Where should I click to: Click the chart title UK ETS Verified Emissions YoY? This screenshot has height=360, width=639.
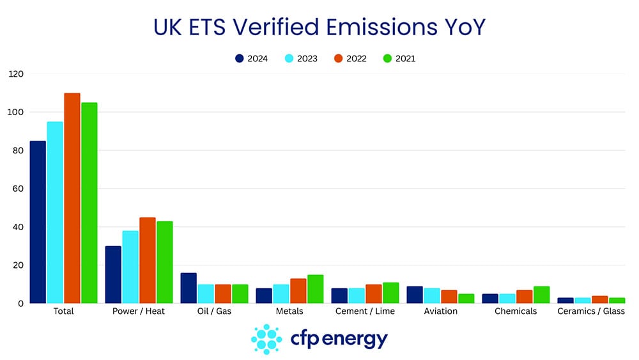[319, 27]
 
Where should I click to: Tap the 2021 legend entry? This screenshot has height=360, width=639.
[399, 59]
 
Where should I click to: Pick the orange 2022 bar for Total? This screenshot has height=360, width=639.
[72, 198]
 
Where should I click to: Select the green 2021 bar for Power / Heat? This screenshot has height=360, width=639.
[165, 262]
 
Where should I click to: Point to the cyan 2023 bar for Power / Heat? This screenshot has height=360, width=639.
[130, 267]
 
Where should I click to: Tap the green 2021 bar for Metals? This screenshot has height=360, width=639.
[316, 289]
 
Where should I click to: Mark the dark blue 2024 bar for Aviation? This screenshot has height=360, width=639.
[415, 295]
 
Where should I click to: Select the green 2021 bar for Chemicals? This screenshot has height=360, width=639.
[541, 295]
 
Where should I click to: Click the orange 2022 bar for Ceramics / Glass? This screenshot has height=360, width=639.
[600, 299]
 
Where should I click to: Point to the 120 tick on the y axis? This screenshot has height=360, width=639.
[16, 74]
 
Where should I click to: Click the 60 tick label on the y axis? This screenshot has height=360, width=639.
[18, 189]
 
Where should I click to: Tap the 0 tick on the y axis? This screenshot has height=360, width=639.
[21, 304]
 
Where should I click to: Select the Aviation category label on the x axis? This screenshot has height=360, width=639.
[441, 311]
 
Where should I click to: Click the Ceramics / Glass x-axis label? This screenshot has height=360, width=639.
[591, 311]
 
